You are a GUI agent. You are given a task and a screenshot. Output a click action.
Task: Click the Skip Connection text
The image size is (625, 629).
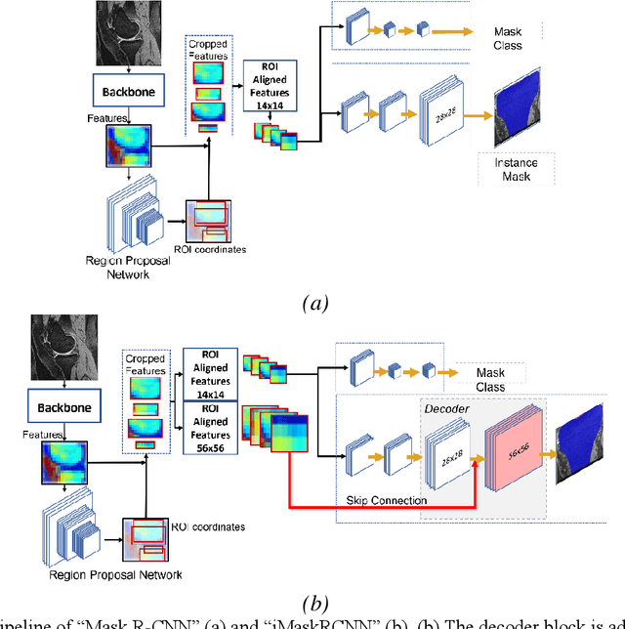point(387,500)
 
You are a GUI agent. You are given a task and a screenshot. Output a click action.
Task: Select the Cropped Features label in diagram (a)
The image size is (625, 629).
point(208,50)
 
